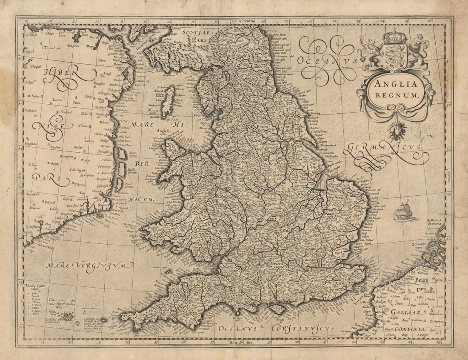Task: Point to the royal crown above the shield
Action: [395, 37]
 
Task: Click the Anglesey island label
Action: [164, 132]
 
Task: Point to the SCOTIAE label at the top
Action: [195, 31]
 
